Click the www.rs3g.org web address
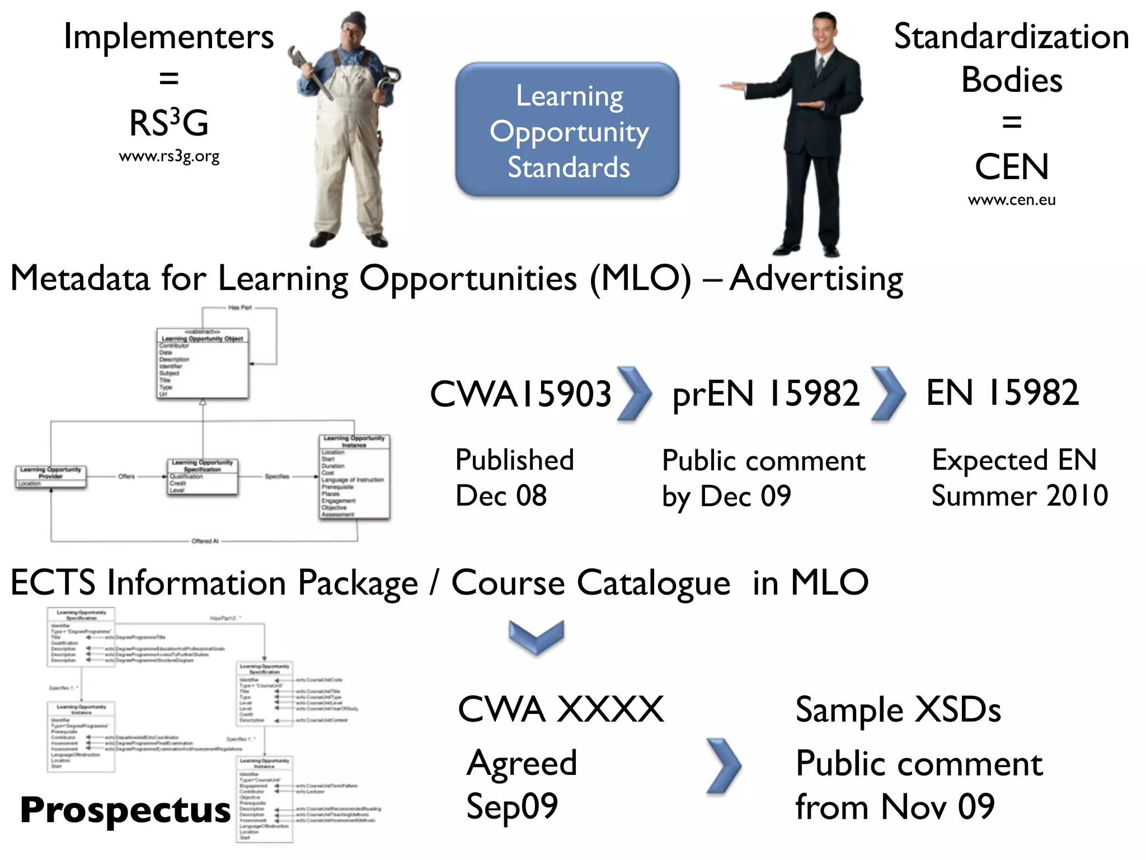(x=169, y=156)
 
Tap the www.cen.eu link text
(x=1012, y=200)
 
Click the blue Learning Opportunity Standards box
(x=567, y=130)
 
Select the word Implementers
(x=169, y=38)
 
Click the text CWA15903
(x=520, y=394)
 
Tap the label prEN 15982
(x=765, y=394)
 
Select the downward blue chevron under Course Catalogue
(x=536, y=637)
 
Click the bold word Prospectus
(x=125, y=810)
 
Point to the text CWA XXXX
(x=561, y=709)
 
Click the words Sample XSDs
(x=898, y=710)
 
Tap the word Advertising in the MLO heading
(x=816, y=278)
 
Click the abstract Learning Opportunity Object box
(x=203, y=364)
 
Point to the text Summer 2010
(x=1020, y=496)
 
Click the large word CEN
(x=1012, y=167)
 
